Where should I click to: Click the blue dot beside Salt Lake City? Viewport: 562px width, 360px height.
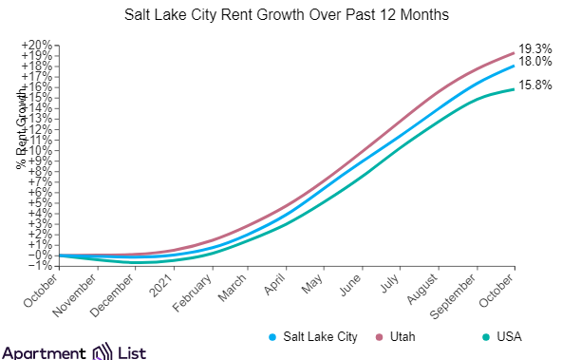click(x=272, y=337)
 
